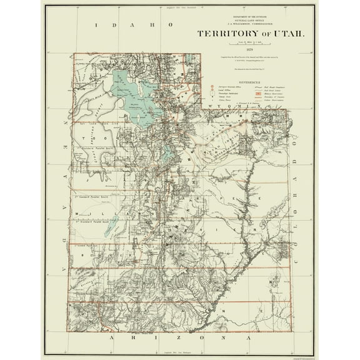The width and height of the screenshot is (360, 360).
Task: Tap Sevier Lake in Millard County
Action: pos(107,222)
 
